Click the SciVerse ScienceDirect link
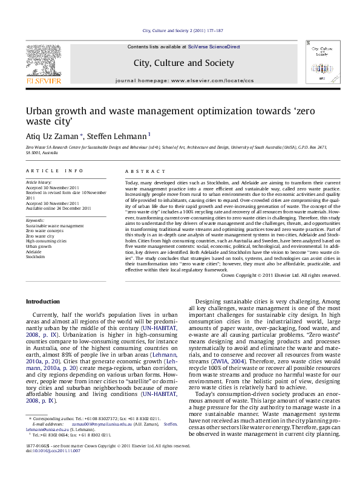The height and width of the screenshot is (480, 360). pos(214,47)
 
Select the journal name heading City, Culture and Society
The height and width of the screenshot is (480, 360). pos(183,62)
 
